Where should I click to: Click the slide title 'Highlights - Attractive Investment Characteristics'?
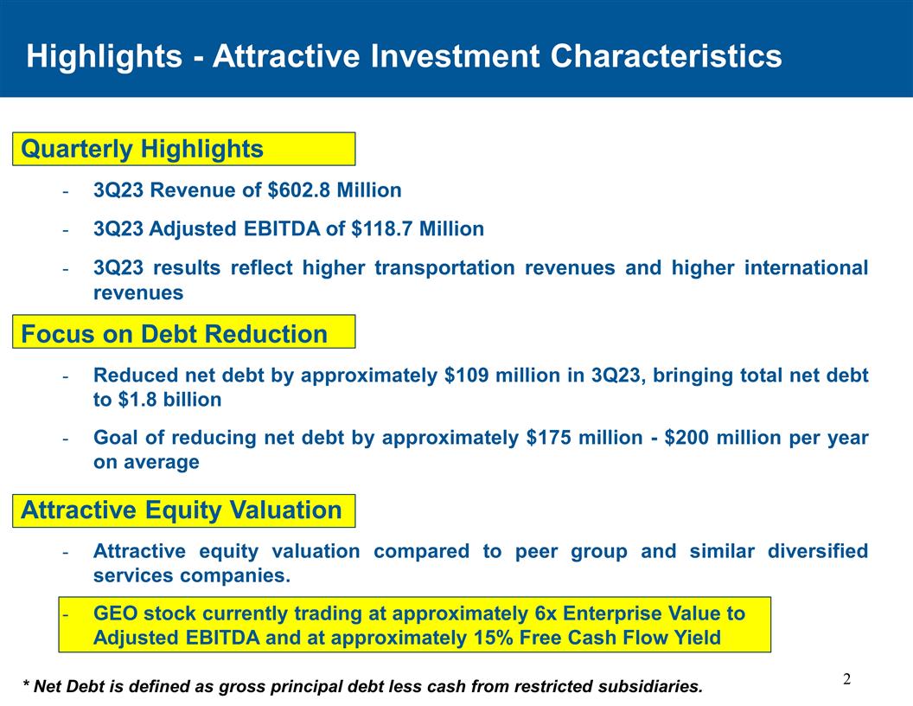[404, 56]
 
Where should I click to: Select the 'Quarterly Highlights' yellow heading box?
[183, 149]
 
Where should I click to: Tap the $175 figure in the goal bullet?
[548, 438]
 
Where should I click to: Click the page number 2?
[847, 678]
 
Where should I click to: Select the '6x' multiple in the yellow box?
[547, 614]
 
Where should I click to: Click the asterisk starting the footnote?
[27, 686]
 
